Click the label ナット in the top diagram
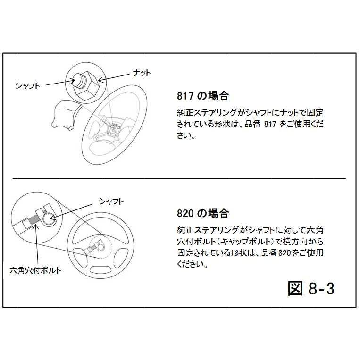point(141,73)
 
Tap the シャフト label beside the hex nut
point(28,85)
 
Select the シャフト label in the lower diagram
point(111,201)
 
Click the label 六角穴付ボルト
point(35,271)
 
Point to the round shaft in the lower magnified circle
point(49,218)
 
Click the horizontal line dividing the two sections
point(179,179)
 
